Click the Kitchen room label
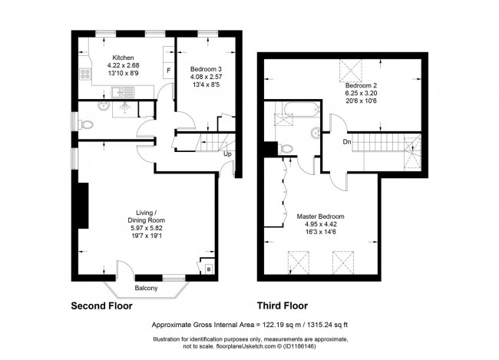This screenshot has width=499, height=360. [x=123, y=58]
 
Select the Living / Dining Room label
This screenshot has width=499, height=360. [x=147, y=216]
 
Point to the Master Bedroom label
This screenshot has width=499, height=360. [x=320, y=216]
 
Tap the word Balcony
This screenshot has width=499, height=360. [x=146, y=289]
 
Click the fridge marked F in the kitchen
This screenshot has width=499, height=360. [x=168, y=71]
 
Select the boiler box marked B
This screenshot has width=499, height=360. [x=209, y=269]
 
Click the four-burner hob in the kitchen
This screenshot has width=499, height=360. [x=85, y=74]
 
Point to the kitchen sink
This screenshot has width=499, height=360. [x=123, y=92]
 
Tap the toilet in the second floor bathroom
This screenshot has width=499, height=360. [x=85, y=124]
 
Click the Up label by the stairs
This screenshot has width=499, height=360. [x=227, y=154]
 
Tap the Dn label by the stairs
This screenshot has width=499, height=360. [x=347, y=142]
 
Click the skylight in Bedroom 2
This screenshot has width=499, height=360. [x=351, y=71]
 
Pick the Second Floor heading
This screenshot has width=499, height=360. [x=101, y=306]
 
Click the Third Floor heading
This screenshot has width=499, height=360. [x=283, y=306]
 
